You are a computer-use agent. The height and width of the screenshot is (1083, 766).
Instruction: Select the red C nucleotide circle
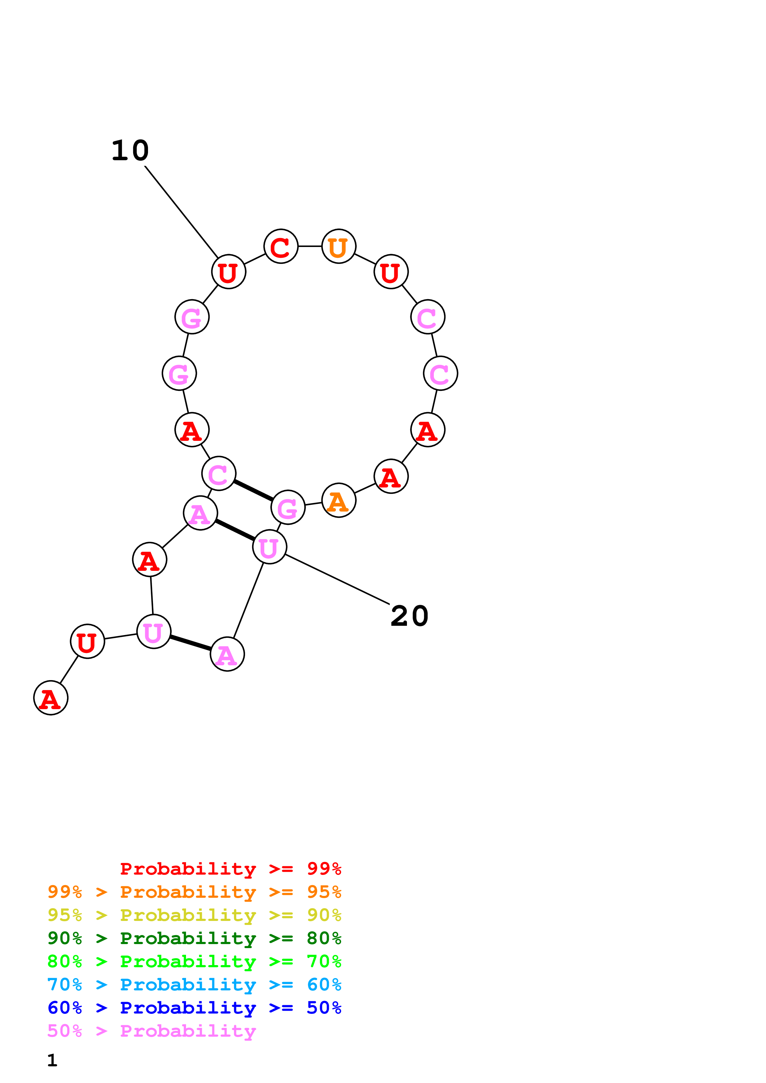pos(281,246)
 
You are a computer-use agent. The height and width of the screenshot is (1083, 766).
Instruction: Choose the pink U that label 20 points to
pos(269,547)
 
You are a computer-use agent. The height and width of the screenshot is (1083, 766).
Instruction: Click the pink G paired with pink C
pos(288,508)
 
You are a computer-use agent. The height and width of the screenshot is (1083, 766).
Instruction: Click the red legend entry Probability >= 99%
pos(230,869)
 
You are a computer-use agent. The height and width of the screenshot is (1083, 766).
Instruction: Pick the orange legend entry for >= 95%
pos(194,892)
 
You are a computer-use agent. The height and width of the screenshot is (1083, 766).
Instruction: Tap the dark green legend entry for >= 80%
pos(194,938)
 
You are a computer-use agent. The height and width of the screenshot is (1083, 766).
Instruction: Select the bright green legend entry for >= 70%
pos(194,961)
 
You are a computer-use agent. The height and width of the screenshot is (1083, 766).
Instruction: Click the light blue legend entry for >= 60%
pos(194,985)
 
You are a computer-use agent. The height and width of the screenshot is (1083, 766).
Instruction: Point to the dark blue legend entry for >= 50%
pos(194,1008)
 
